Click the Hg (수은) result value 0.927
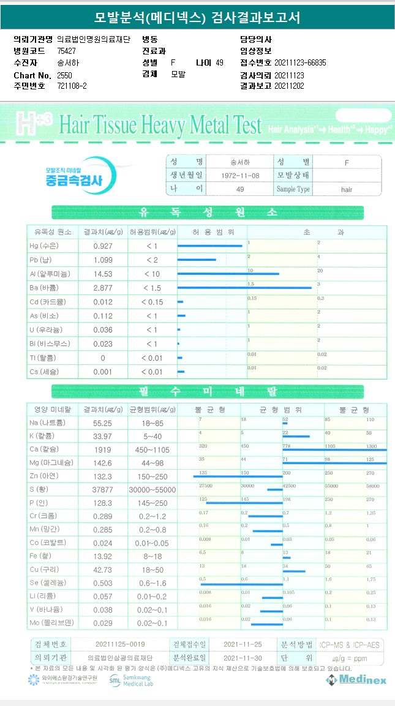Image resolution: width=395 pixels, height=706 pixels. (103, 246)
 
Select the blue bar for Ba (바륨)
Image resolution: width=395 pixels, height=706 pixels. (244, 287)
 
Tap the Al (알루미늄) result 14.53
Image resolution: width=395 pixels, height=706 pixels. (103, 274)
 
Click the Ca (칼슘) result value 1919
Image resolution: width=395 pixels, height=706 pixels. (102, 449)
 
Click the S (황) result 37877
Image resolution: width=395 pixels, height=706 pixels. (102, 489)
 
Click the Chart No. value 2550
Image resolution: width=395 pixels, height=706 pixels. (64, 75)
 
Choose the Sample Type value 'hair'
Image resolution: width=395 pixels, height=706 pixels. (347, 190)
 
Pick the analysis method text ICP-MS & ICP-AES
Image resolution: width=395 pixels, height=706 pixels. (348, 644)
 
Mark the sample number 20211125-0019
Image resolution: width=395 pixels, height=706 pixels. (120, 644)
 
